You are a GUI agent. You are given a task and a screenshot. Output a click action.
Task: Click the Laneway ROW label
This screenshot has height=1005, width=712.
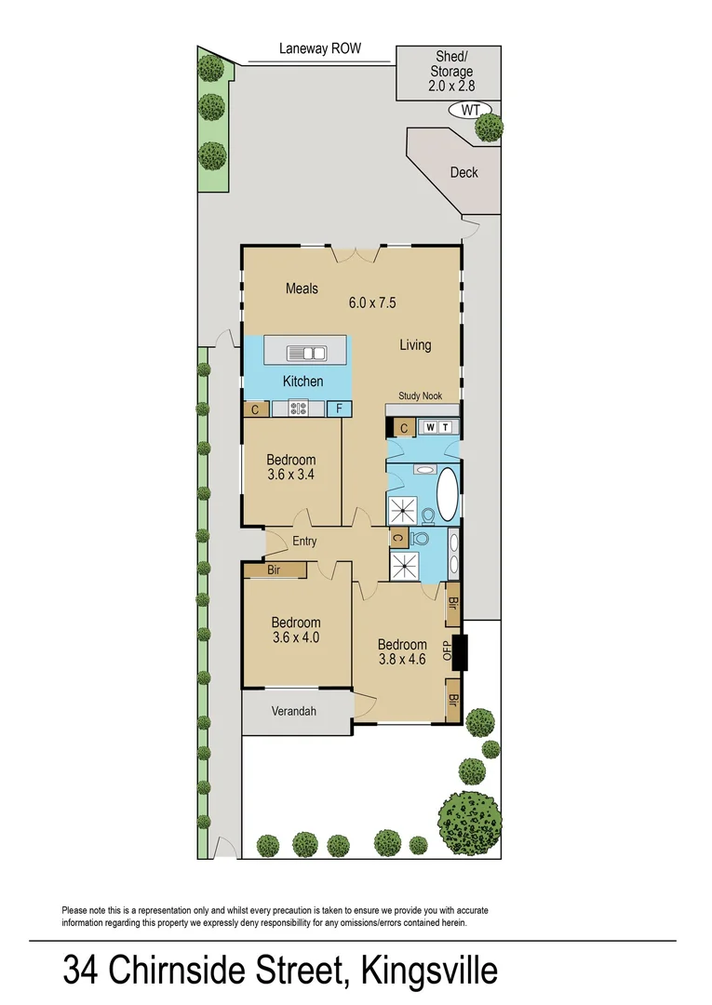coord(319,48)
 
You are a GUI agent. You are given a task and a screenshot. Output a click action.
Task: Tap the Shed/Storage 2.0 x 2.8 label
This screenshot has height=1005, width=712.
coord(450,72)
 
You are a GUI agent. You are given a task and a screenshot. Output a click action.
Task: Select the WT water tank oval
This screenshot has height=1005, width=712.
coord(471,110)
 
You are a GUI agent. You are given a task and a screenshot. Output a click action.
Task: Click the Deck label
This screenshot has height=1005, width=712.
coord(463,172)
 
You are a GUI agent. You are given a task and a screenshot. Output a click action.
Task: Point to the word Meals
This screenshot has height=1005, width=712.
coord(302,288)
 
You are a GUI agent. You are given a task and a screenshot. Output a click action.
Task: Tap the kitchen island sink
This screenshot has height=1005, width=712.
coord(305,352)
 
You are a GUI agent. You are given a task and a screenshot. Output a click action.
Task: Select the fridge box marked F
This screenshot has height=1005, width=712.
coord(339,408)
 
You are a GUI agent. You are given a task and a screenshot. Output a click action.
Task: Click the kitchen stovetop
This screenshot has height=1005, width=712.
coord(299,407)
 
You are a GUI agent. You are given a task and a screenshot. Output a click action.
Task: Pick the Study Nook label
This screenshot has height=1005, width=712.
coord(420,396)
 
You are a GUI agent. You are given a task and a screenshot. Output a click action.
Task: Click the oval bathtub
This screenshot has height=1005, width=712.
coord(448,495)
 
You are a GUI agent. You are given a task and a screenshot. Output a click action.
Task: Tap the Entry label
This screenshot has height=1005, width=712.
coord(304,542)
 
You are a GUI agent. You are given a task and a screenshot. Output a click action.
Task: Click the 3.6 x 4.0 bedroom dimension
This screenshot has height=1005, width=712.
coord(296,638)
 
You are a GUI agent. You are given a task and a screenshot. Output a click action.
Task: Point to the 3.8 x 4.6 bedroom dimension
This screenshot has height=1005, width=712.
coord(402,660)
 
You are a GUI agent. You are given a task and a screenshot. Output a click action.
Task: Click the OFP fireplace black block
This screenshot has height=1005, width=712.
coord(459,652)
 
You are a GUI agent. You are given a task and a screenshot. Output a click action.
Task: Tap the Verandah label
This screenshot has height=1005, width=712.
coord(294,712)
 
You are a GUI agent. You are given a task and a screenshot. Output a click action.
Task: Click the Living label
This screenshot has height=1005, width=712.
coord(415,345)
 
